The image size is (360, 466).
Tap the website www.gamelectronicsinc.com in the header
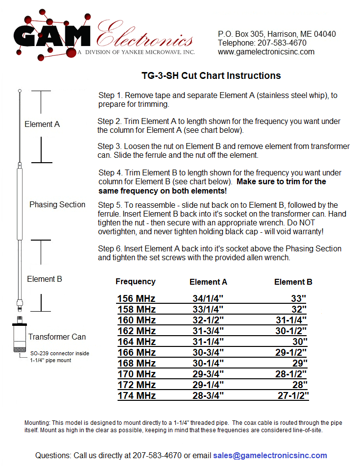[266, 52]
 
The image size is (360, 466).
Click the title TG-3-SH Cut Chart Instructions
[211, 75]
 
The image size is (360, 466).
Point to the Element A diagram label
[42, 124]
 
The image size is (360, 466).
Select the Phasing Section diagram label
[57, 204]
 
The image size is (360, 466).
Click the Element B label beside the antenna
[45, 279]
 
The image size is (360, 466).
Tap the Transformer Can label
[57, 337]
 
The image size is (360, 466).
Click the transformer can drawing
[20, 338]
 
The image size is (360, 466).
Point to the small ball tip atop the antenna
[20, 91]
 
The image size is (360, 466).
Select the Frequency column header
[136, 281]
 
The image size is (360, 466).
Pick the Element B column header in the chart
[293, 282]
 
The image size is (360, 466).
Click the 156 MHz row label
[136, 298]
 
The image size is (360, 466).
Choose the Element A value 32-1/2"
[208, 320]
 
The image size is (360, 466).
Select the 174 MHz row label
[136, 395]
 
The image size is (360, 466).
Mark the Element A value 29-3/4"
[208, 374]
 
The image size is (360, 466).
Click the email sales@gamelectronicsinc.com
[270, 455]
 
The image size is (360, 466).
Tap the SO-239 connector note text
[59, 356]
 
